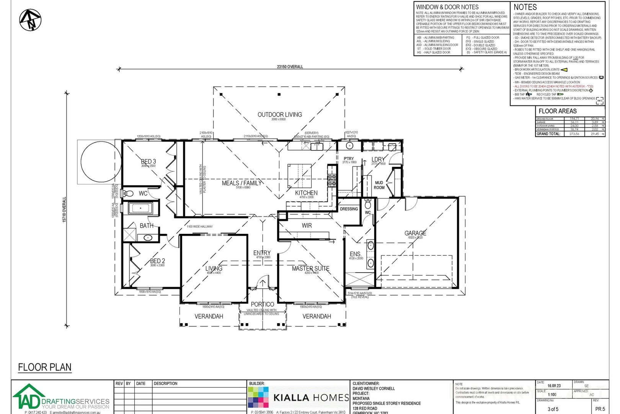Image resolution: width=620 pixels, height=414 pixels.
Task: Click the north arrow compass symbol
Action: point(30,20)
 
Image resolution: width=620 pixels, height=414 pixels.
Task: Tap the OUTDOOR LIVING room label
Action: point(279,115)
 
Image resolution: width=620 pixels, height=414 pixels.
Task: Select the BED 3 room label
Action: point(148,162)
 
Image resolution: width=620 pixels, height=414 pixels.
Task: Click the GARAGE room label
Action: point(415,233)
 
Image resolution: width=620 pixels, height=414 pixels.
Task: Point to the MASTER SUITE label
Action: point(310,268)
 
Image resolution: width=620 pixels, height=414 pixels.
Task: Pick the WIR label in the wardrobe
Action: point(307,225)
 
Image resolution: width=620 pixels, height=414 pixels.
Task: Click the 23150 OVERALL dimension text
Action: point(290,67)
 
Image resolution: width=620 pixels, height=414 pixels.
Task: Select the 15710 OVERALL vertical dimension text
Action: point(64,209)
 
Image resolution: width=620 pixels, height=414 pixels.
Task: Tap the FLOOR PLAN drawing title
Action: point(45,367)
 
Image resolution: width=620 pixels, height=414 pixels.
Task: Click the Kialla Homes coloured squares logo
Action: point(258,397)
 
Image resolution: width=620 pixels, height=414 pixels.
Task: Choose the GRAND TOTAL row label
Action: point(548,134)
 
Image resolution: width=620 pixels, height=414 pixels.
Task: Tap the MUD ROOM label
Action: point(379,185)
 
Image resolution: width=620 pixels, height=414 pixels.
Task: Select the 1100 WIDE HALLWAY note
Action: point(199,227)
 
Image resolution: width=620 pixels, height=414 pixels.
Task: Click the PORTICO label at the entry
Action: point(262,304)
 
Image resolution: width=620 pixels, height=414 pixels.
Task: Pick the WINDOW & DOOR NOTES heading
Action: point(447,7)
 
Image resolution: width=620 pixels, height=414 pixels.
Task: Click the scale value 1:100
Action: point(552,394)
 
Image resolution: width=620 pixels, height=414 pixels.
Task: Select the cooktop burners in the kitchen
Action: point(331,180)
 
